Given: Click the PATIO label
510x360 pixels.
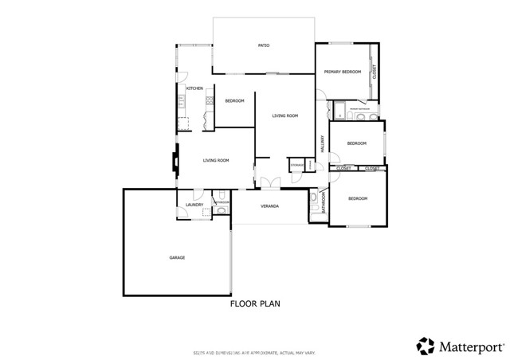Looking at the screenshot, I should pos(263,45).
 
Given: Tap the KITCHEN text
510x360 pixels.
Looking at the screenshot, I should pos(194,88).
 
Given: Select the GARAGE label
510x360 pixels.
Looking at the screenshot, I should pos(177,257).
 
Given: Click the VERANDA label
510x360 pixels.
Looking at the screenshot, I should pos(269,206).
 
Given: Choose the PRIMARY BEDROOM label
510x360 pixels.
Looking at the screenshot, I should pos(342,72).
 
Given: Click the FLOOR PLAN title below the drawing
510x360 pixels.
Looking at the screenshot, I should pos(255,303).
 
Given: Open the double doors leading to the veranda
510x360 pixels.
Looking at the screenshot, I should pos(269,183).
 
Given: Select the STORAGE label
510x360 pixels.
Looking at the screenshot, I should pos(296,165).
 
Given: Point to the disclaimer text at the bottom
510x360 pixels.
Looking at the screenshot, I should pos(255,350).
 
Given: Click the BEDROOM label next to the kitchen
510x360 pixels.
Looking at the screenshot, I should pos(234,100).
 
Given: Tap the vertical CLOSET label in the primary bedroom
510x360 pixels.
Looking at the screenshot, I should pos(375,72).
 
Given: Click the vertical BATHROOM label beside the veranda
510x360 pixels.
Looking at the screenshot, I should pos(324,205).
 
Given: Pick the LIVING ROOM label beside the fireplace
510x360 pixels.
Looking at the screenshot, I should pos(215,161).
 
